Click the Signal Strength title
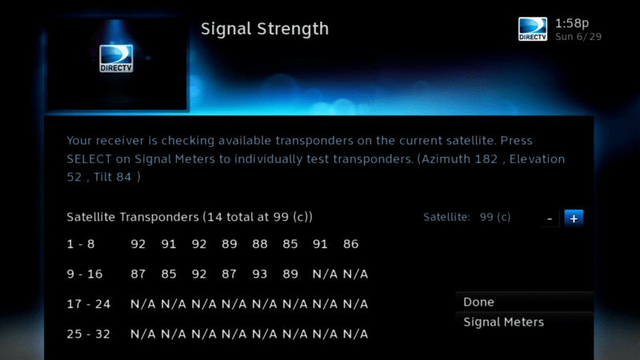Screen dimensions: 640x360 tap(265, 29)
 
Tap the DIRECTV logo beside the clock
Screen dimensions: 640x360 tap(533, 29)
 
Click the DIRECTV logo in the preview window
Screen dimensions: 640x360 tap(116, 58)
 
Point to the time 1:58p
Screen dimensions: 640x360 tap(572, 23)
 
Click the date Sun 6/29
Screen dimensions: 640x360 tap(578, 37)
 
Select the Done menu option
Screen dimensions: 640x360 tap(478, 302)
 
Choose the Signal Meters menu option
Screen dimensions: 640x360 tap(504, 322)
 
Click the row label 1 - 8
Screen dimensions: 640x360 tap(81, 244)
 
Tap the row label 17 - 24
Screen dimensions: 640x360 tap(89, 304)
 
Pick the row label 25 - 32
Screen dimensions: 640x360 tap(89, 334)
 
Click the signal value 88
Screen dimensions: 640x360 tap(259, 244)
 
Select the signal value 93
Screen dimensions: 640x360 tap(259, 274)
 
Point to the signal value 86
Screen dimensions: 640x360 tap(350, 244)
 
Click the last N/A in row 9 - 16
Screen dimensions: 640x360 tap(355, 274)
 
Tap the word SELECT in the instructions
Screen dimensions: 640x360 tap(89, 158)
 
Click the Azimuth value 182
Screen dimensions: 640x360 tap(486, 158)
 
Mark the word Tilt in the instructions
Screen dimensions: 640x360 tap(102, 177)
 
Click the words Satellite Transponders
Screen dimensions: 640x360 tap(133, 217)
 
